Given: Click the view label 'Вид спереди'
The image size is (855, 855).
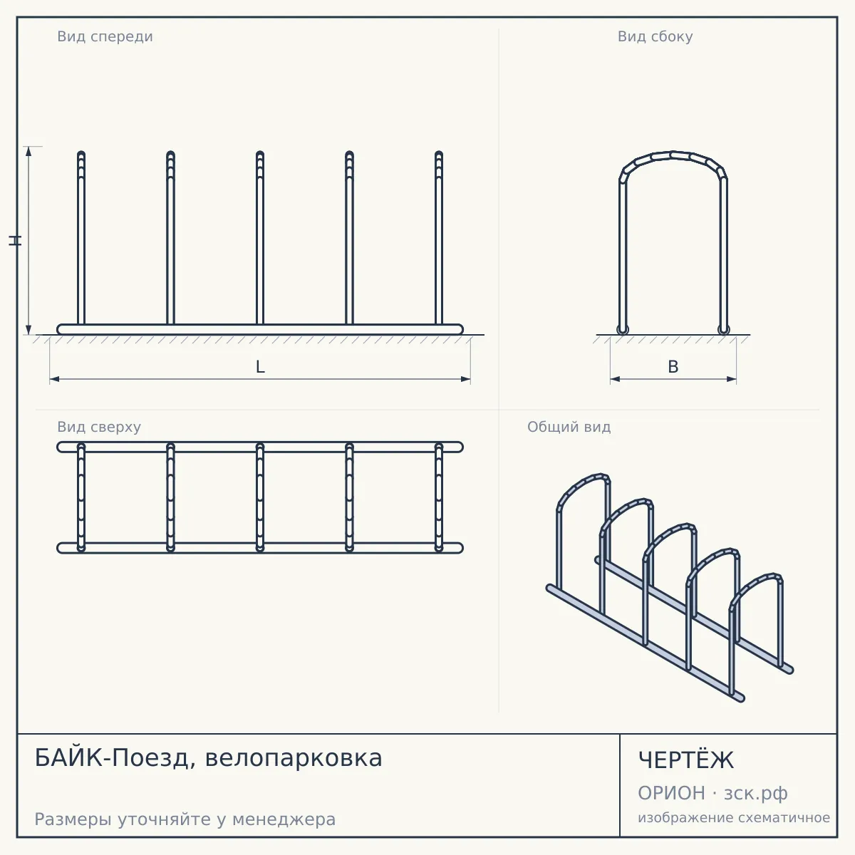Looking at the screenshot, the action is (x=105, y=36).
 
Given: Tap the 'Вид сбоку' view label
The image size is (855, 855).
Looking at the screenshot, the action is (x=655, y=36).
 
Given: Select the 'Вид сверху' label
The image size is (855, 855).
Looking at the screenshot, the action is (x=99, y=427).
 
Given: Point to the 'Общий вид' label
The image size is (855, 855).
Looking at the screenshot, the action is (x=569, y=427).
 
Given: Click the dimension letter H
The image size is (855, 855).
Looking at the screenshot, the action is (x=15, y=241).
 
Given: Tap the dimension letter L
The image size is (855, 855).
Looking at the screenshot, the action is (x=261, y=367).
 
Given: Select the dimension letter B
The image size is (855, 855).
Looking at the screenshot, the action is (x=673, y=367).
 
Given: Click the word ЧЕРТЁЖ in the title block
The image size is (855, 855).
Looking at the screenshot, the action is (x=686, y=760).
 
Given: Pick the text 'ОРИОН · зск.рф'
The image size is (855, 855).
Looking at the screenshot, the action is (x=712, y=793).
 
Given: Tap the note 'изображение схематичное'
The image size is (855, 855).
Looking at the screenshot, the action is (x=734, y=818).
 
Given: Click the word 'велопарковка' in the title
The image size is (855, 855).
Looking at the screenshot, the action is (x=294, y=759).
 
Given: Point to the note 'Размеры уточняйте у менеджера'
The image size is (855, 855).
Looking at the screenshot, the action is (x=185, y=819).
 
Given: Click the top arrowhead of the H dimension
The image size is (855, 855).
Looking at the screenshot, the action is (x=28, y=151).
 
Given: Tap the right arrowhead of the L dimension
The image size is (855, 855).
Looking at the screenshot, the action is (x=465, y=379).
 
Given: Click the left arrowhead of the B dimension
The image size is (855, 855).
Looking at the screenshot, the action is (x=615, y=379).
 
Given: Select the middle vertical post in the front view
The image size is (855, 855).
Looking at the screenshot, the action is (x=260, y=238).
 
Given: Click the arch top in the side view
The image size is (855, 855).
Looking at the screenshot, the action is (x=673, y=155).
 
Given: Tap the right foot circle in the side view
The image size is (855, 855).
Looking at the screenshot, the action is (x=723, y=330).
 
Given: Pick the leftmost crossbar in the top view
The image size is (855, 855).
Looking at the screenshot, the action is (x=81, y=497).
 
